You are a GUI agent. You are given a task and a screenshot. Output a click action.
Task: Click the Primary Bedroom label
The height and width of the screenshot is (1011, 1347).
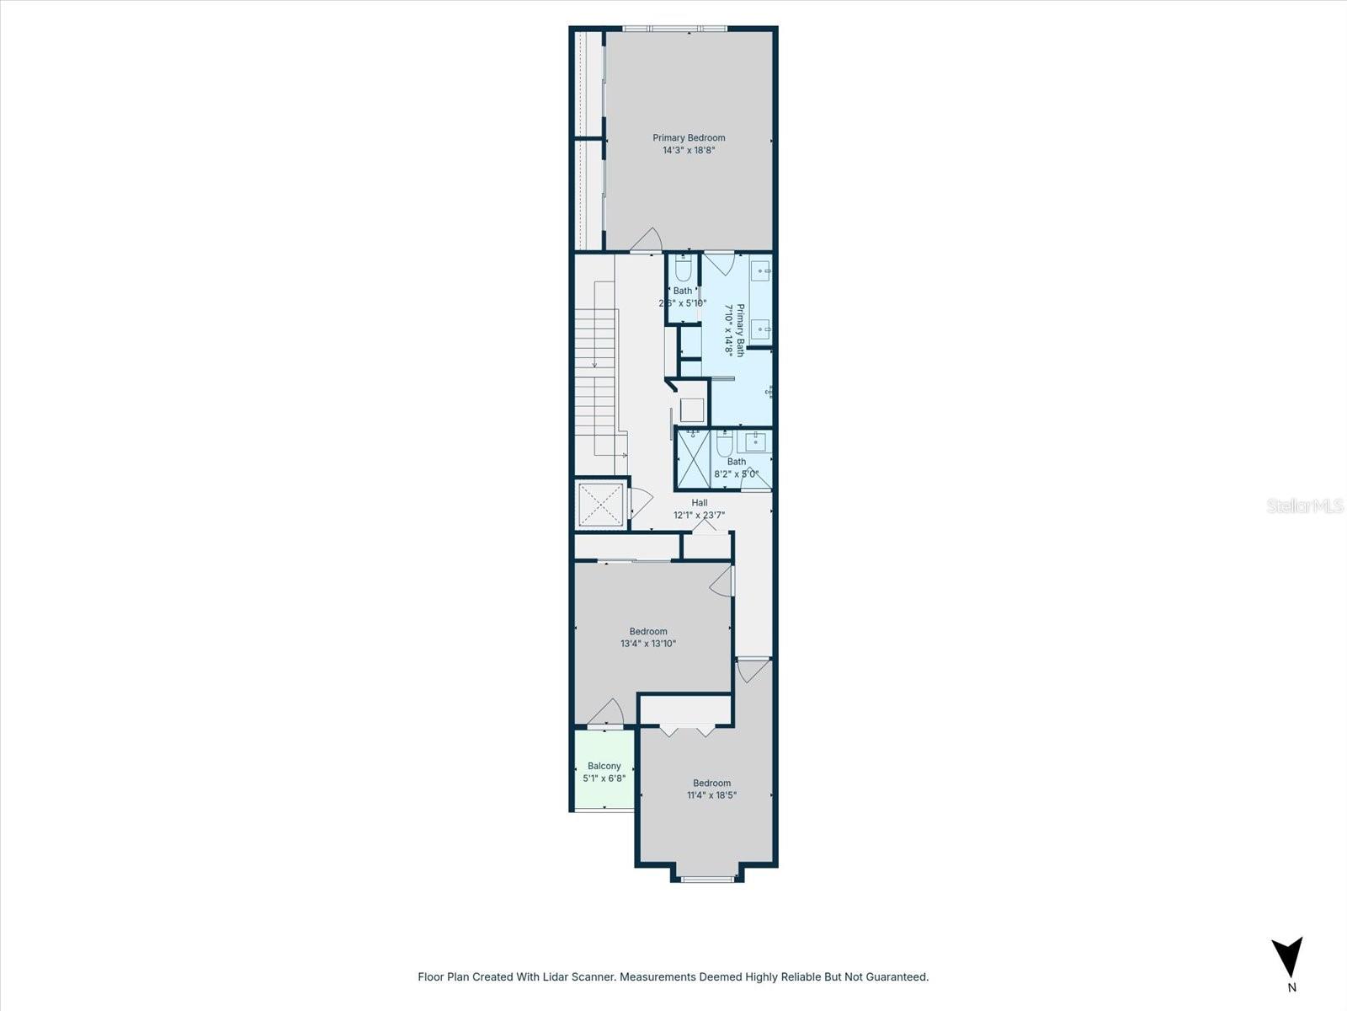click(x=689, y=137)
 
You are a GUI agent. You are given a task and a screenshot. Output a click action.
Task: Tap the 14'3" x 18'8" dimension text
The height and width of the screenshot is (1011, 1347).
click(x=689, y=151)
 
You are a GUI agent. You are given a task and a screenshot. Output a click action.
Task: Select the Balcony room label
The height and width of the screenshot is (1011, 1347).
click(x=604, y=766)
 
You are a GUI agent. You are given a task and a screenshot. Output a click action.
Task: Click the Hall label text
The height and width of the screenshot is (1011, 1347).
click(x=699, y=503)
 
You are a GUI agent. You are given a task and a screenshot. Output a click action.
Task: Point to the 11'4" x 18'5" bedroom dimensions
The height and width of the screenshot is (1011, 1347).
click(x=711, y=794)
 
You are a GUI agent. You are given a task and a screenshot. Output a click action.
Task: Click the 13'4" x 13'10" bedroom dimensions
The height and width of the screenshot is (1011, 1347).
click(x=648, y=644)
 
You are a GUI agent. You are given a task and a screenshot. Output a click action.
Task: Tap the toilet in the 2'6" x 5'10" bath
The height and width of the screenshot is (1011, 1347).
click(x=683, y=269)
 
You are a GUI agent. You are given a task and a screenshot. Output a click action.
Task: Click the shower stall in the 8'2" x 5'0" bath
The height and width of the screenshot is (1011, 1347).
click(x=695, y=459)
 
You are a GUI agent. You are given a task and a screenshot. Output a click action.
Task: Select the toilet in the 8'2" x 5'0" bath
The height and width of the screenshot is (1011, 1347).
click(x=725, y=444)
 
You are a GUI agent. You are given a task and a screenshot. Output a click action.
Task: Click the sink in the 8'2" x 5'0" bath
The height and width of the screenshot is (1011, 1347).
click(x=756, y=441)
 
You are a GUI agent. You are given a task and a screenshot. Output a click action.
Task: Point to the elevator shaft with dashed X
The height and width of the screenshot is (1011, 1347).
click(x=601, y=505)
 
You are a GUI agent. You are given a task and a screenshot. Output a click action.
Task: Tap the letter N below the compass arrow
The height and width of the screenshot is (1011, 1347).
click(x=1291, y=987)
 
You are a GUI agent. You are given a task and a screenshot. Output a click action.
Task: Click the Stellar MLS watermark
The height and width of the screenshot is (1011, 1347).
click(x=1305, y=505)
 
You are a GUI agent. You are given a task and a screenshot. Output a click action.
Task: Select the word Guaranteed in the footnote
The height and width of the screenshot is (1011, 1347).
click(x=898, y=977)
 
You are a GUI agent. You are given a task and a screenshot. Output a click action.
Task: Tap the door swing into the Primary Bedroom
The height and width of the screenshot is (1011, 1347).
click(x=647, y=240)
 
